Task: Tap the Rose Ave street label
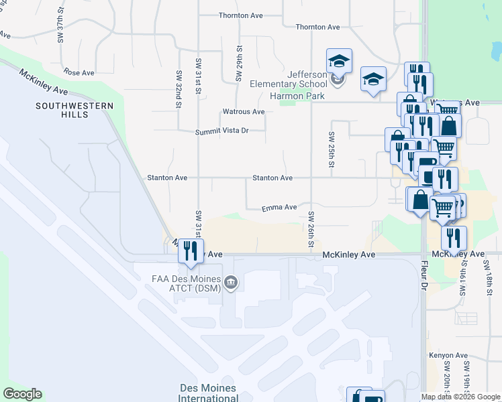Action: point(79,72)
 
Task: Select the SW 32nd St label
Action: point(179,88)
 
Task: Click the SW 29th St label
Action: point(238,64)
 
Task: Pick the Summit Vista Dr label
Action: point(221,131)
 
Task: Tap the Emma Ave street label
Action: point(279,208)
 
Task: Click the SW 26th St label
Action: point(311,228)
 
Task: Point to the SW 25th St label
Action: point(332,149)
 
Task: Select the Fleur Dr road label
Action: point(423,277)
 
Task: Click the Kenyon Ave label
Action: point(448,355)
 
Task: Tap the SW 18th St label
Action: point(487,273)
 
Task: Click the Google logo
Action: point(22,394)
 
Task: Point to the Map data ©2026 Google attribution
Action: point(460,397)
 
